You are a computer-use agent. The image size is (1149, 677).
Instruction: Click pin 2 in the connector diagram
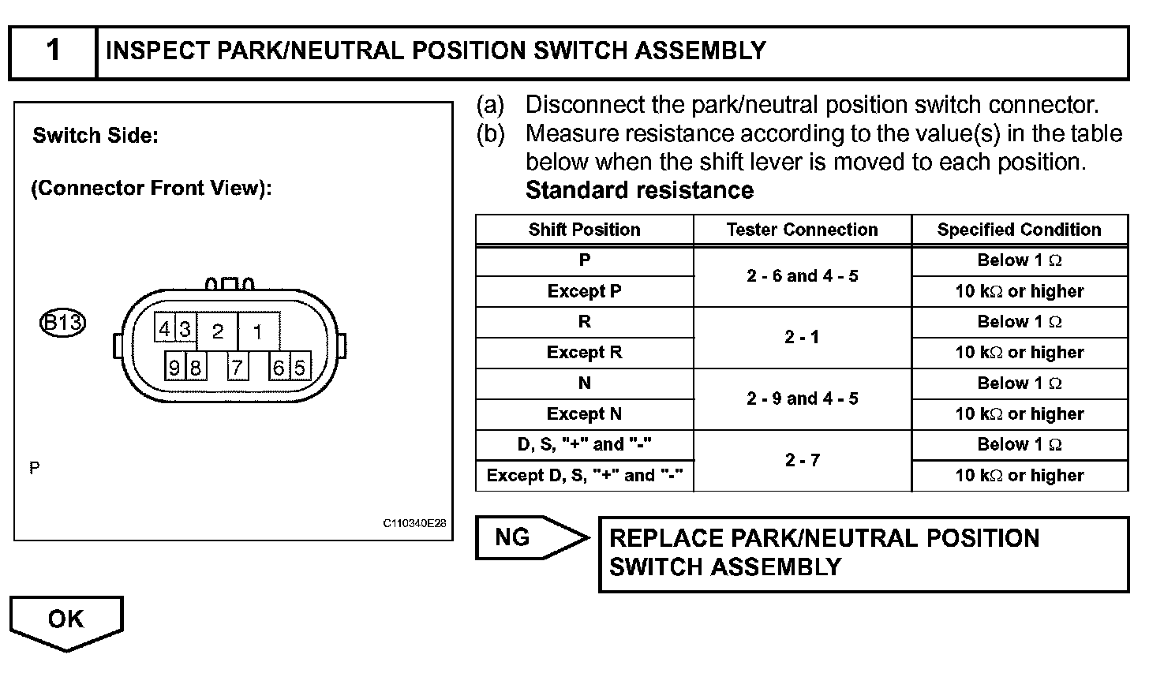click(x=218, y=331)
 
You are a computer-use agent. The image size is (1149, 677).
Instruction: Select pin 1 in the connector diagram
click(x=257, y=331)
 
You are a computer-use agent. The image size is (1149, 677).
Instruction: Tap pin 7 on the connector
click(x=237, y=367)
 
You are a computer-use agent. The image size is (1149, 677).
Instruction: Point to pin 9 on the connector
click(x=174, y=367)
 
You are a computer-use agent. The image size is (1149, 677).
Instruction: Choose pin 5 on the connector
click(x=300, y=367)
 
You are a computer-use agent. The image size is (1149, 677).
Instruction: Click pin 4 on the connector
click(x=164, y=329)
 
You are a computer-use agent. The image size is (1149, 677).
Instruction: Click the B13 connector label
click(x=62, y=324)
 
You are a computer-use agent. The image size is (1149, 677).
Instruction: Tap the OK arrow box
click(x=66, y=621)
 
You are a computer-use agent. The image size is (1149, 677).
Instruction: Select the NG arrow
click(x=531, y=538)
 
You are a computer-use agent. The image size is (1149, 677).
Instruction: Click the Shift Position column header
click(x=584, y=230)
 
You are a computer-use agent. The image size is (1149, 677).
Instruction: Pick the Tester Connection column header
click(x=802, y=230)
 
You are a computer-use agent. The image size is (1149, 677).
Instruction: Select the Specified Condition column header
click(x=1019, y=230)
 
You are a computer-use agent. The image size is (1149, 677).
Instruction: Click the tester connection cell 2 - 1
click(x=802, y=337)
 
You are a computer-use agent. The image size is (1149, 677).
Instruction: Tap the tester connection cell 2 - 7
click(x=802, y=460)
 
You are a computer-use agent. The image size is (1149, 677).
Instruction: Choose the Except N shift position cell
click(x=584, y=414)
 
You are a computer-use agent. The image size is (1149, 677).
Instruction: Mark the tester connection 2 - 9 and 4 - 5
click(x=802, y=398)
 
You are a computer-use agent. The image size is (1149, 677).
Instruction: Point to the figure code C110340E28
click(x=415, y=523)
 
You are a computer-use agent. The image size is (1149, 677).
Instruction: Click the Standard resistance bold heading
click(x=639, y=191)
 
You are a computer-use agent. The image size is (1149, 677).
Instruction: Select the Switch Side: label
click(x=95, y=136)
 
